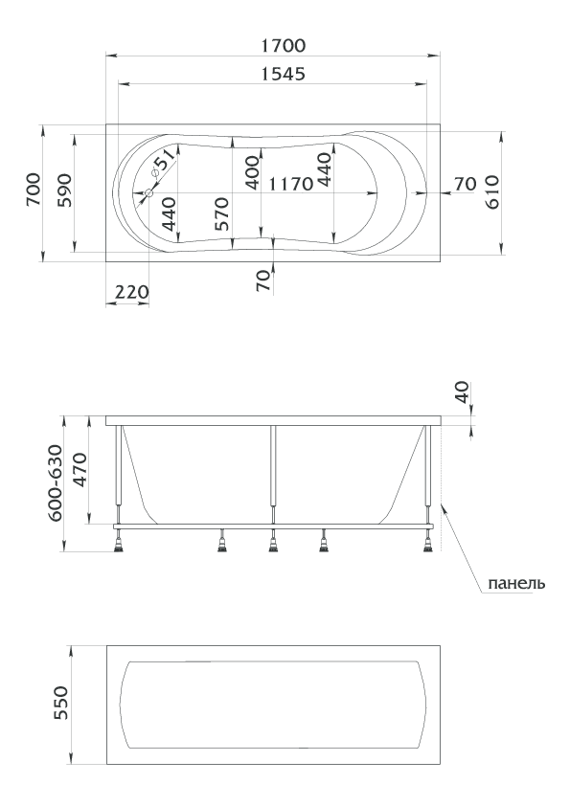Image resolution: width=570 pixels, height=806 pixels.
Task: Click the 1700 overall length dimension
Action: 283,46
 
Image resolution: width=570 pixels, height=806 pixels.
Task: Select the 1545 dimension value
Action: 283,75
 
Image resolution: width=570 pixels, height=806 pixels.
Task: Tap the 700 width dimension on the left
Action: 34,190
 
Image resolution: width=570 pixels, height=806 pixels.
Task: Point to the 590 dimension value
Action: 64,190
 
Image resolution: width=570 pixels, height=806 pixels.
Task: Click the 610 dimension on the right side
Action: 492,191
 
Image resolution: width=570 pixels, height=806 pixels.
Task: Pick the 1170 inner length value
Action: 290,184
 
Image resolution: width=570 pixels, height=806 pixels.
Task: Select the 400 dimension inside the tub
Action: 253,172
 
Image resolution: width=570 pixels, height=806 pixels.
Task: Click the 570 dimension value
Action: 220,213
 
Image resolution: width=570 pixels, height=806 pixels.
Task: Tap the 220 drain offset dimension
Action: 131,293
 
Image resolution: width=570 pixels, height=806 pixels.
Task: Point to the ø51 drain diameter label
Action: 164,164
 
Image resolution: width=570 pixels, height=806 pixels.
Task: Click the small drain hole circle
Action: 149,193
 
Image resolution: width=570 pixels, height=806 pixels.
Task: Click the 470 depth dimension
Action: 80,470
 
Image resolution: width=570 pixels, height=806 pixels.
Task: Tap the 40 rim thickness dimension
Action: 462,392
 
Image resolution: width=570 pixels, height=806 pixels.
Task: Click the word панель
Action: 516,584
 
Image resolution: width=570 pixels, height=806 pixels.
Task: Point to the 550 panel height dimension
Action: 60,703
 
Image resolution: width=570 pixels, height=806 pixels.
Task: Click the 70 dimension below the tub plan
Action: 263,280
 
